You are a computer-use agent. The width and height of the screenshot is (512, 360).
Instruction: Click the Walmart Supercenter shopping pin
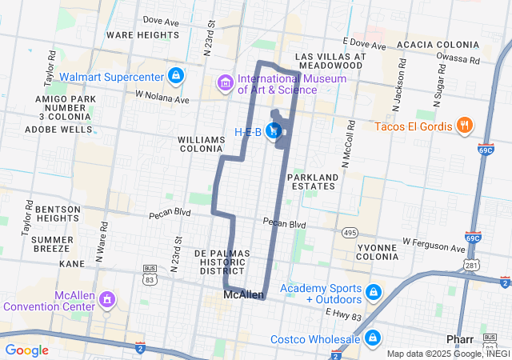tap(176, 77)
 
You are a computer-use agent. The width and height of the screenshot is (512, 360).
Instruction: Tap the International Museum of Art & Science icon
tap(226, 83)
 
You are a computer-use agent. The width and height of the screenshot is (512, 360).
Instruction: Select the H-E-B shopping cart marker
tap(274, 130)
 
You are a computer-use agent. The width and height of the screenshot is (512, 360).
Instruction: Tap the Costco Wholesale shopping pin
tap(371, 338)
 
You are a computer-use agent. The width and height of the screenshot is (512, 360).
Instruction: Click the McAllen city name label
tap(244, 295)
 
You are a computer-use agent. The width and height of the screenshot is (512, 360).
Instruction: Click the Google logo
tap(26, 350)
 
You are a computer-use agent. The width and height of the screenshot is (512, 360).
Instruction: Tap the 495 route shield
tap(350, 232)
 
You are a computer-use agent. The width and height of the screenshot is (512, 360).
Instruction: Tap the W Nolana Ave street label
tap(162, 97)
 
